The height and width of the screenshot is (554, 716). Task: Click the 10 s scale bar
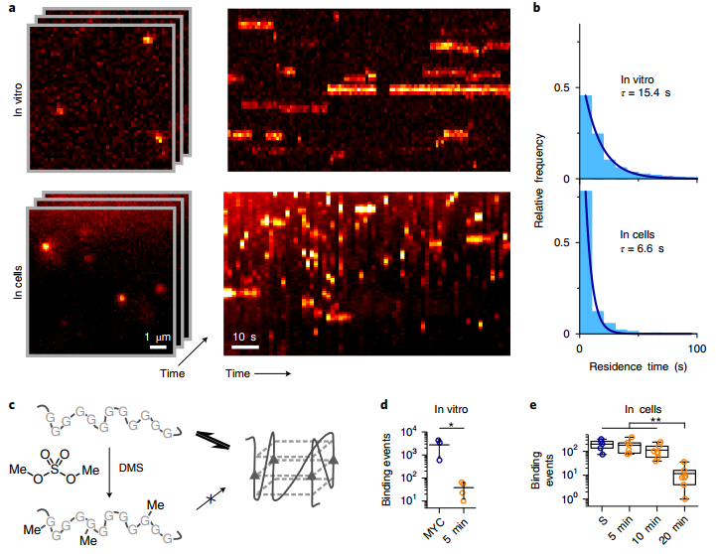click(245, 348)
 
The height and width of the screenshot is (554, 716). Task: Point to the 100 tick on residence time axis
click(697, 349)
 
